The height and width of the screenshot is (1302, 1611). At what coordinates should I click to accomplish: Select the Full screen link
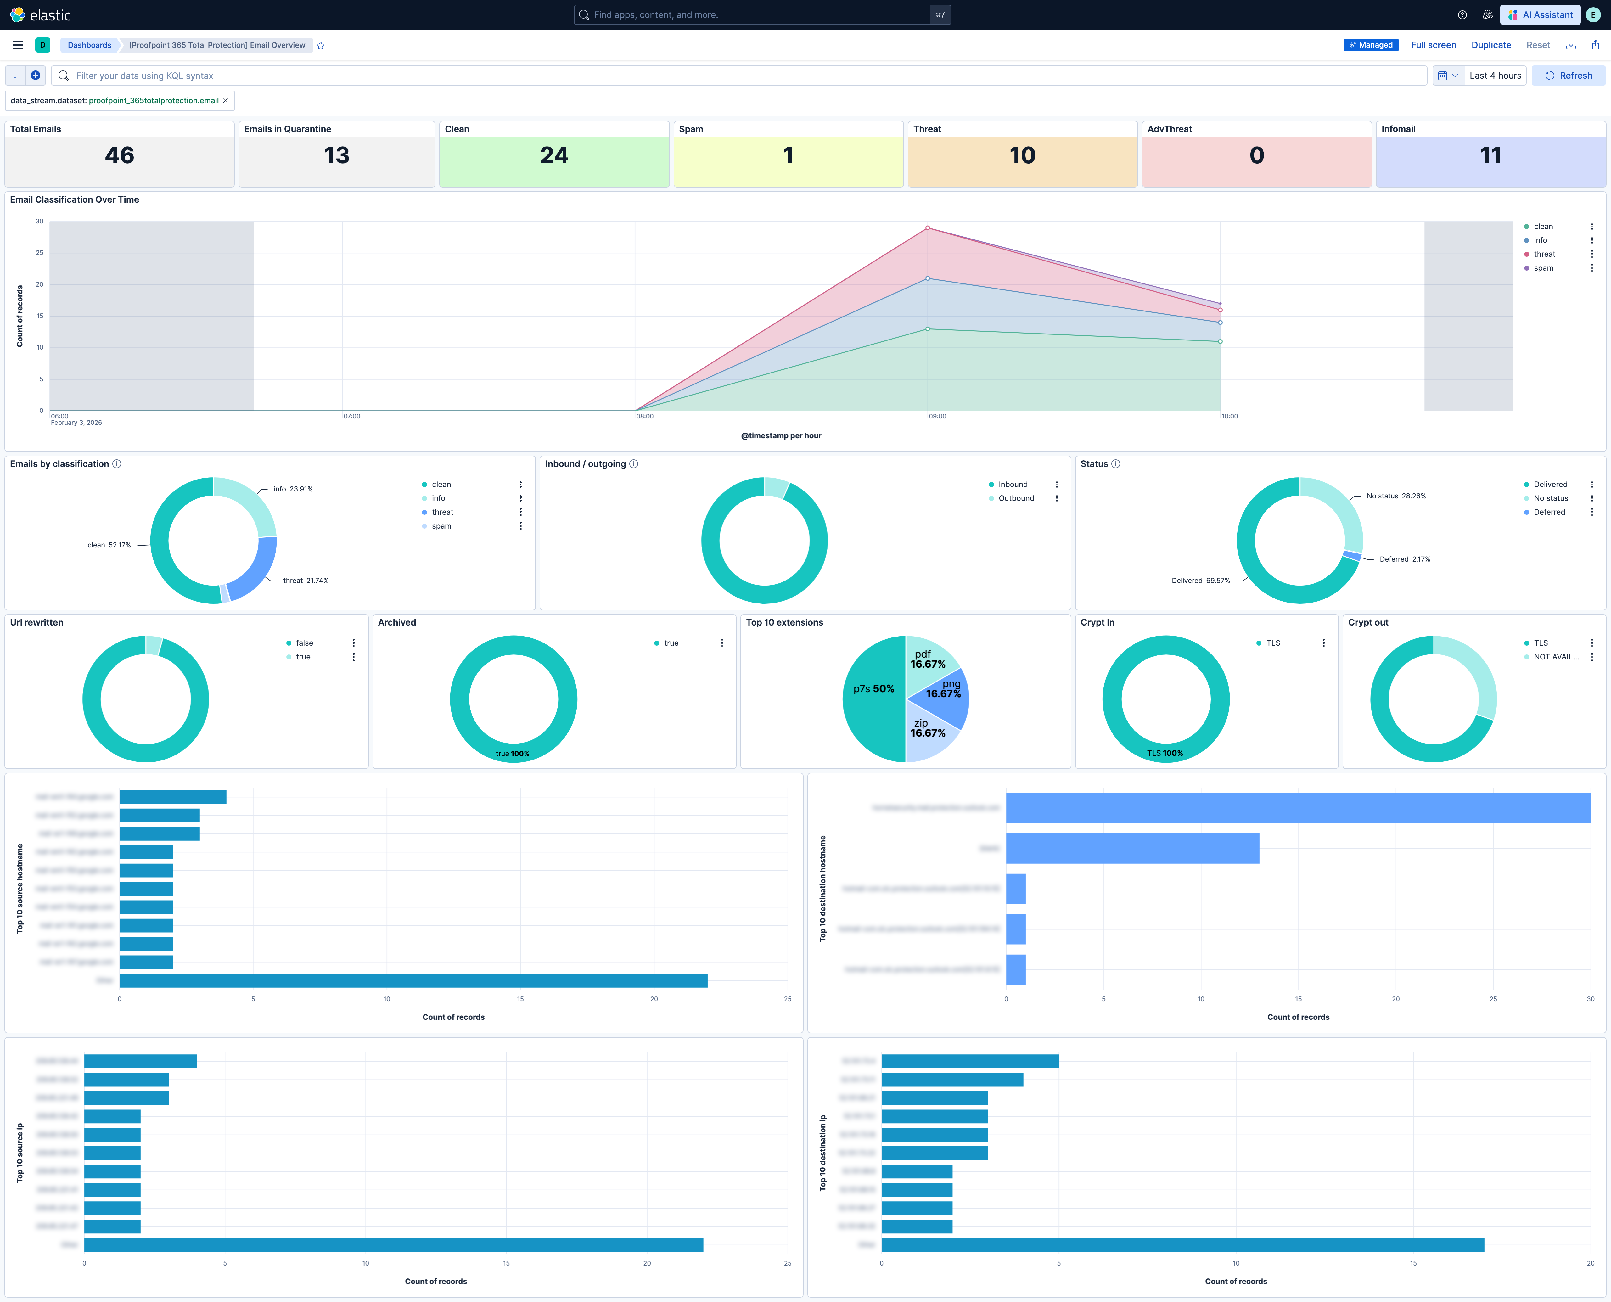pos(1433,45)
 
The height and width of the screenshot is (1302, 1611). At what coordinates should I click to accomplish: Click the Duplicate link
pos(1490,45)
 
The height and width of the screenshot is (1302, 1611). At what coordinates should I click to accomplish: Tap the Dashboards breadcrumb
pos(89,45)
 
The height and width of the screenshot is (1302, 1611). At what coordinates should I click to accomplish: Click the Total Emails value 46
pos(119,155)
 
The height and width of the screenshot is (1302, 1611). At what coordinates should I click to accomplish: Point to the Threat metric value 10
pos(1021,155)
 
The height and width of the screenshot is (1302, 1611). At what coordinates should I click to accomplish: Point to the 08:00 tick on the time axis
pos(644,416)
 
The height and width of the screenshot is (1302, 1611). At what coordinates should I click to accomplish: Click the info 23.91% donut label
pos(293,489)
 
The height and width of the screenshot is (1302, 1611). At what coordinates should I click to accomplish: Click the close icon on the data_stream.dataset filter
pos(225,100)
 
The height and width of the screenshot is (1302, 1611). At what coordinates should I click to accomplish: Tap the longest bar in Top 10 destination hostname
pos(1298,808)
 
